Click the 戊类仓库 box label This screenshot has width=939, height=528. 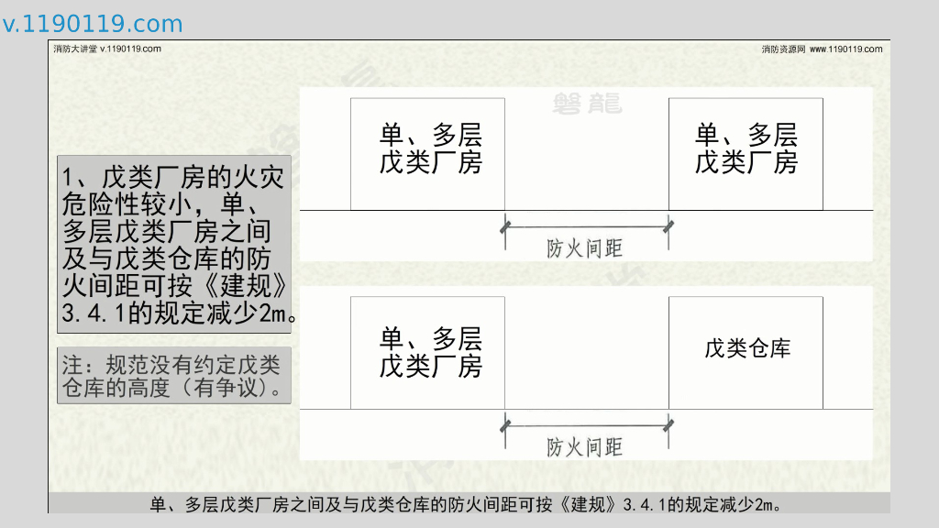[746, 348]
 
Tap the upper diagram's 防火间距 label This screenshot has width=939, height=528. [584, 248]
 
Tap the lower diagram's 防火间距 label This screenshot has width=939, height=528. [584, 447]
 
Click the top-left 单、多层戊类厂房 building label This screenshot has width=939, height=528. [430, 149]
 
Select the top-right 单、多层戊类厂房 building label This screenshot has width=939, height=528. [746, 149]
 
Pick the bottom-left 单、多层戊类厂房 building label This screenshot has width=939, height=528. [430, 352]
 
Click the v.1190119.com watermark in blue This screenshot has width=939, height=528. [93, 25]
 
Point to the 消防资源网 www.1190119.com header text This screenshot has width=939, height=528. [822, 49]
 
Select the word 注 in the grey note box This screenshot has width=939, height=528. [72, 365]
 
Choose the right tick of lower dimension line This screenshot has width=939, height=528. [669, 424]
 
